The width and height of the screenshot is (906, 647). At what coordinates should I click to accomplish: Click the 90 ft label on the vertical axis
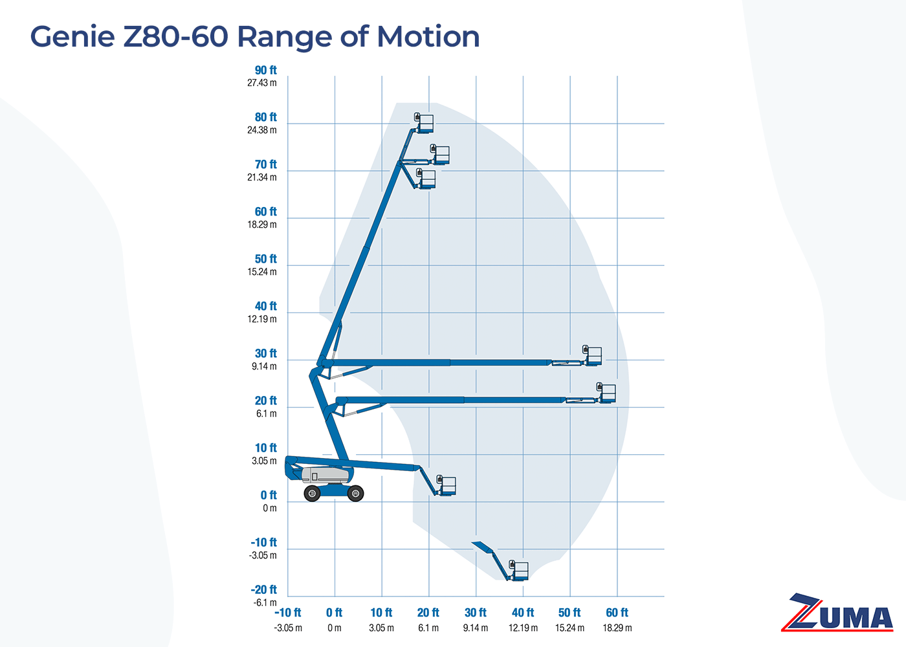click(x=265, y=70)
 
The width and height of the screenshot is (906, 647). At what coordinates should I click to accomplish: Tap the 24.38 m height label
click(x=261, y=130)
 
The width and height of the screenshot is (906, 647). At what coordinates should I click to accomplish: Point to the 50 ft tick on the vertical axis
click(x=265, y=259)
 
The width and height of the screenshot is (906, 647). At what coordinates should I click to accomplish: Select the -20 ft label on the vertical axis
click(x=263, y=589)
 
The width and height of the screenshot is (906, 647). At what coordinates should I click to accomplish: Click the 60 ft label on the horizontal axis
click(x=617, y=612)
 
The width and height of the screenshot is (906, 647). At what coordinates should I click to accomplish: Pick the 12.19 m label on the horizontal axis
click(x=523, y=628)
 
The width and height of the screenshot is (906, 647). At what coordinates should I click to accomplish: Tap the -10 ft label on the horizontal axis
click(x=288, y=612)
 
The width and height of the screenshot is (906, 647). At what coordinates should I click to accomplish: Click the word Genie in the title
click(x=72, y=37)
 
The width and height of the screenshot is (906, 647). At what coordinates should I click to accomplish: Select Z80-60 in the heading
click(x=176, y=37)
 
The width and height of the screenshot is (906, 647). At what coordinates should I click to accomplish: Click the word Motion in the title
click(x=428, y=37)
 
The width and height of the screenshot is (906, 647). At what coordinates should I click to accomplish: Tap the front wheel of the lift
click(x=355, y=494)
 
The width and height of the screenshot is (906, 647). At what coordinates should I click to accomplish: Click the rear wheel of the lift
click(x=313, y=494)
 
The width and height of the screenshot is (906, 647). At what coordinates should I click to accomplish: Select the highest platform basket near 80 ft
click(x=424, y=122)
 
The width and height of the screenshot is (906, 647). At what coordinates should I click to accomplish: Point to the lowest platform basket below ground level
click(x=519, y=570)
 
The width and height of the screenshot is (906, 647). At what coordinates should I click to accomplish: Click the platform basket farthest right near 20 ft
click(x=606, y=393)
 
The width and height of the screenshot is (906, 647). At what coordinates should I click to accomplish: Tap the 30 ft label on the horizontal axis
click(x=476, y=612)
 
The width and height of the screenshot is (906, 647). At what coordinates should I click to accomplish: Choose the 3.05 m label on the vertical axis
click(x=264, y=461)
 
